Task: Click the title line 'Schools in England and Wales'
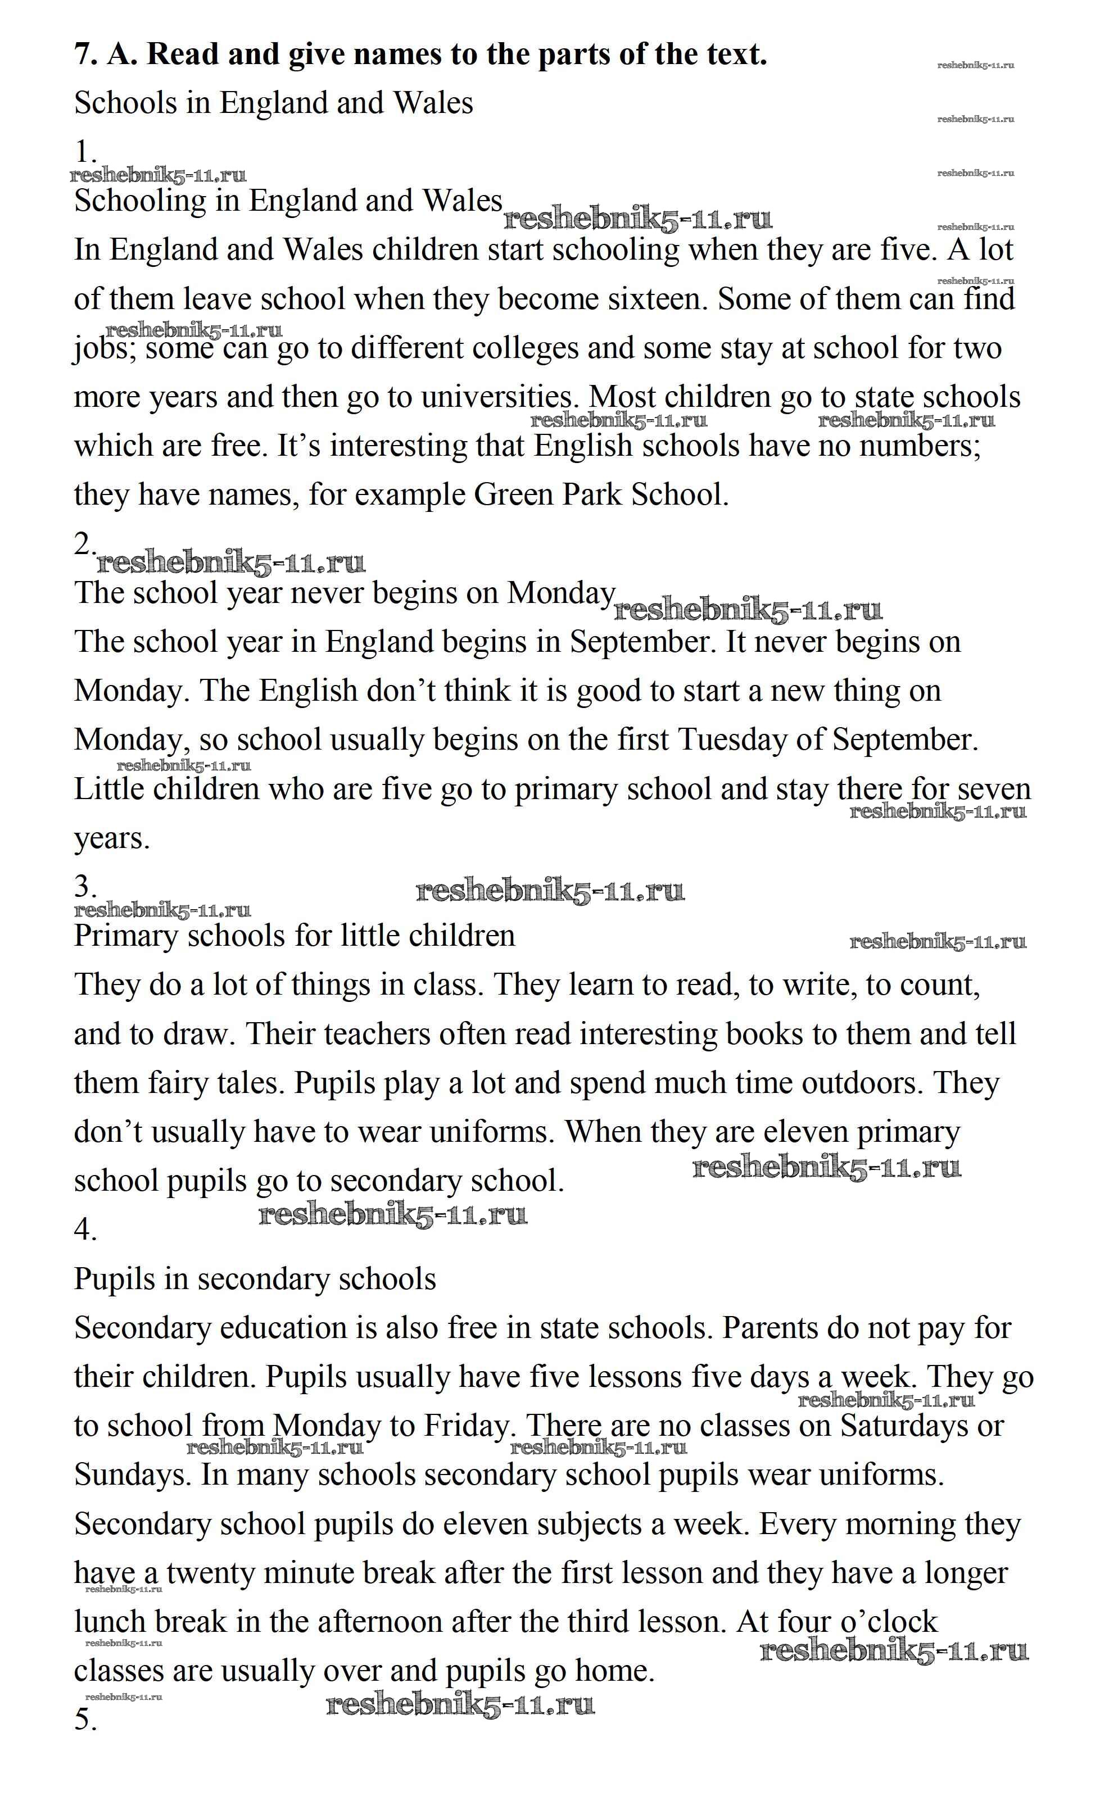tap(273, 103)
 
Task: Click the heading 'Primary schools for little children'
tap(294, 936)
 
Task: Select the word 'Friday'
tap(466, 1426)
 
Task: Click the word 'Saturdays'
tap(904, 1426)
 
